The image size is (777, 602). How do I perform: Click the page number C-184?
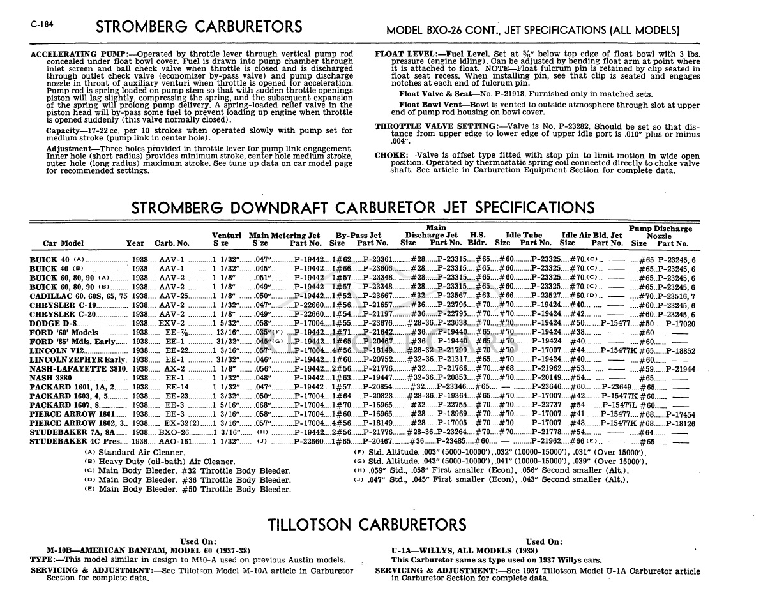41,26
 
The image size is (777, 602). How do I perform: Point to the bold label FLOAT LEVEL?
405,54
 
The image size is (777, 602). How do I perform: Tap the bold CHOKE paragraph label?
391,156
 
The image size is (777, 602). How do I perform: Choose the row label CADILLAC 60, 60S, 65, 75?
79,296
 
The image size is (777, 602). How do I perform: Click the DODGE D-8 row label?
54,324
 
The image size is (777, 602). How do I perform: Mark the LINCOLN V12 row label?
57,351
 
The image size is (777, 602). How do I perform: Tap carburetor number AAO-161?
174,442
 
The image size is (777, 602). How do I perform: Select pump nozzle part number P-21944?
681,369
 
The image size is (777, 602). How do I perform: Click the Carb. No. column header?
172,243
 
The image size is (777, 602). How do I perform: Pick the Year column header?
135,243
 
